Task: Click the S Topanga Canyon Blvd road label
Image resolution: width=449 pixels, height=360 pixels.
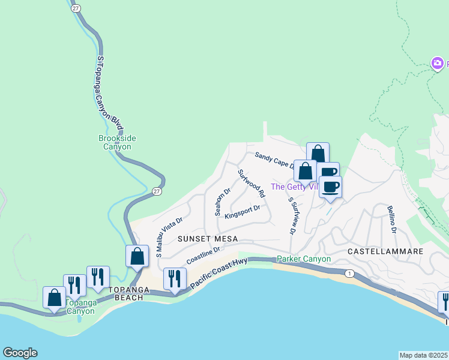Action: point(110,93)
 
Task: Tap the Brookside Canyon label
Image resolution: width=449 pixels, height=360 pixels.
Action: point(117,142)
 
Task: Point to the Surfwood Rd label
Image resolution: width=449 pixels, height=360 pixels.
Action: point(252,184)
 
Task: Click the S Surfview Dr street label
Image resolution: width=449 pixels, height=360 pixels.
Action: point(292,215)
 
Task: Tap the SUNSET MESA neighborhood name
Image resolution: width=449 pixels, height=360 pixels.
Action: point(208,239)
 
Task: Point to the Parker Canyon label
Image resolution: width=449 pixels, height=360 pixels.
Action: point(304,259)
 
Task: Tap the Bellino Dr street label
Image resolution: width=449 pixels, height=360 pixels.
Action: point(392,219)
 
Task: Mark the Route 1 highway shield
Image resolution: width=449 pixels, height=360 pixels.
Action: point(349,274)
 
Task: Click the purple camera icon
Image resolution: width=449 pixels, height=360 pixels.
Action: point(438,63)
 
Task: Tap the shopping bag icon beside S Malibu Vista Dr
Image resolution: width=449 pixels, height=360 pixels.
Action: point(137,256)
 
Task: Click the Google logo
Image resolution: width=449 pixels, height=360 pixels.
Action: point(20,353)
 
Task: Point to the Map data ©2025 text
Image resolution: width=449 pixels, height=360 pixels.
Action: point(423,355)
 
